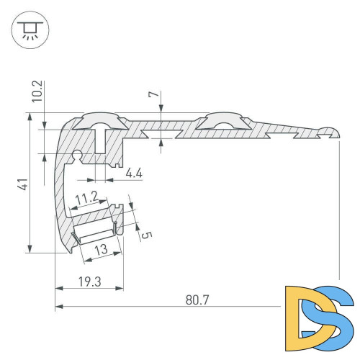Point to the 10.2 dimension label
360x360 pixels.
click(38, 91)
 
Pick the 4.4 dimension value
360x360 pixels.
click(134, 173)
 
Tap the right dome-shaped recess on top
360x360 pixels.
click(222, 120)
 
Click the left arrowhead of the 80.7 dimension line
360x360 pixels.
click(58, 307)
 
